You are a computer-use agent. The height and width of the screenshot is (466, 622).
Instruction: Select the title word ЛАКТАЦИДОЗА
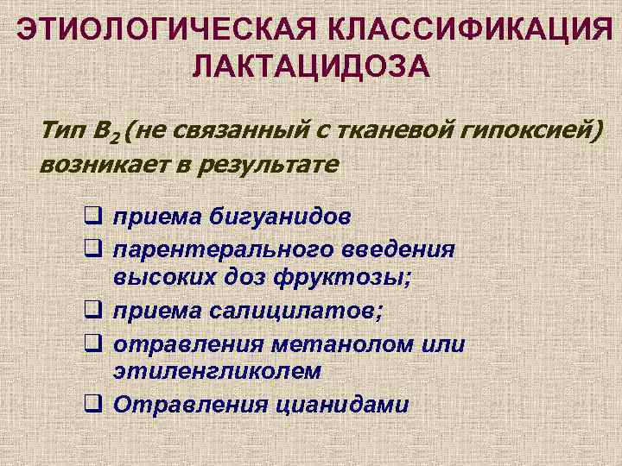click(x=312, y=64)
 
